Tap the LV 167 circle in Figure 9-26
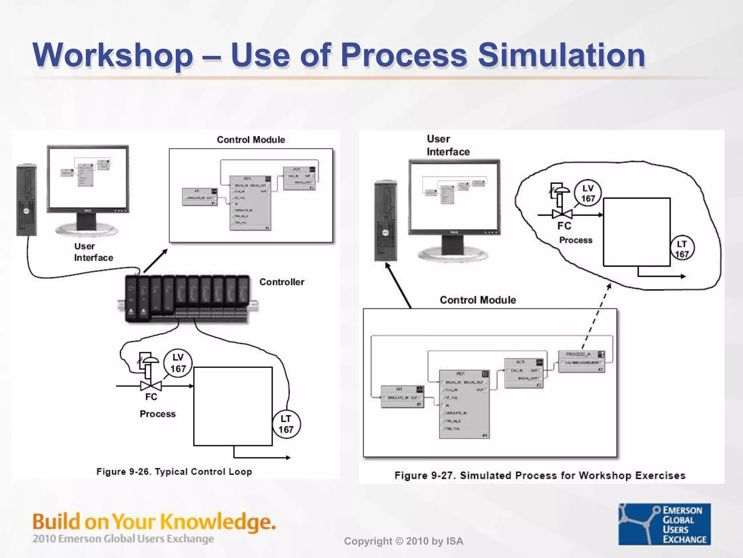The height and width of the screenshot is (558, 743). (178, 363)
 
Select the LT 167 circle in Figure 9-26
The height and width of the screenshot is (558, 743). (286, 424)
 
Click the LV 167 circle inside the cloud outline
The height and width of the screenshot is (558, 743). (588, 193)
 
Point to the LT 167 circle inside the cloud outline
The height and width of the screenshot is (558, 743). (682, 249)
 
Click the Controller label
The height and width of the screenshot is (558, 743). (282, 282)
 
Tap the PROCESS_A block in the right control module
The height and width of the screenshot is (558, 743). (581, 361)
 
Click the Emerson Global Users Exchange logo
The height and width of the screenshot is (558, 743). (664, 524)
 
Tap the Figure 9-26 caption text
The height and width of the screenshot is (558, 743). (174, 472)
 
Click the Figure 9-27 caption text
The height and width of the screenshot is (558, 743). (540, 476)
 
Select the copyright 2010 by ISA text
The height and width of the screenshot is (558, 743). (403, 541)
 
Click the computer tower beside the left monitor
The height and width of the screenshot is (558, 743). (26, 200)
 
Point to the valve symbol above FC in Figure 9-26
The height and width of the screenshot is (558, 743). (151, 385)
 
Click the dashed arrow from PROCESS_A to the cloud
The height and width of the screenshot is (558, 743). (596, 316)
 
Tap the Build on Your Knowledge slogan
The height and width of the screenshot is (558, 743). (154, 522)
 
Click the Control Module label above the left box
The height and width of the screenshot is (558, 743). (251, 139)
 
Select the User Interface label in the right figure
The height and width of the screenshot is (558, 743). (448, 145)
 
